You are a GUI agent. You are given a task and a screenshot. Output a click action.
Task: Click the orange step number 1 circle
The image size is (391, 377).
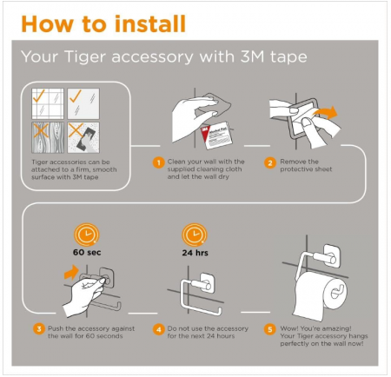(x=158, y=162)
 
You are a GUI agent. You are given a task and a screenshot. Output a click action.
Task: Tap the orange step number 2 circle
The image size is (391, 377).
(x=269, y=162)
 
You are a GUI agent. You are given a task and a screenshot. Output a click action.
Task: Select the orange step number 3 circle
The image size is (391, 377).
(x=39, y=329)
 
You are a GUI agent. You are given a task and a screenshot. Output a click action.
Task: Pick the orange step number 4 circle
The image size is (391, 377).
(x=158, y=329)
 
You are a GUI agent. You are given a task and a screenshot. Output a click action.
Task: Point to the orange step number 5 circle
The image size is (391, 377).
(x=269, y=329)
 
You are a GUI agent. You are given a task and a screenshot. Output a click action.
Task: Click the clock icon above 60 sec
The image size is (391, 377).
(x=87, y=235)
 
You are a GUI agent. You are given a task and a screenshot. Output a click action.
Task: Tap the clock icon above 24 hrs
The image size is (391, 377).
(x=195, y=235)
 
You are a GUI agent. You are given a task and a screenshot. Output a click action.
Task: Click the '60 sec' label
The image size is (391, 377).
(x=87, y=252)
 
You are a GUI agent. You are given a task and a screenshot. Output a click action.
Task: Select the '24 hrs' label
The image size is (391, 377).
(x=195, y=253)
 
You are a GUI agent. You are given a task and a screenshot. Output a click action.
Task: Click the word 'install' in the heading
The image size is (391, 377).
(x=149, y=23)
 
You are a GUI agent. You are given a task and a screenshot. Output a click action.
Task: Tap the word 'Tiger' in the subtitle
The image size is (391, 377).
(x=84, y=56)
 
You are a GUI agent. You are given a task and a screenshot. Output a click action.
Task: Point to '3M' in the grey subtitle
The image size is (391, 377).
(x=252, y=56)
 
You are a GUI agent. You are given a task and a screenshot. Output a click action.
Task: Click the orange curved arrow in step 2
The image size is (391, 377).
(x=326, y=113)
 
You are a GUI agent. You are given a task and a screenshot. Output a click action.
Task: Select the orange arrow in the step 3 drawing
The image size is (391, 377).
(x=71, y=273)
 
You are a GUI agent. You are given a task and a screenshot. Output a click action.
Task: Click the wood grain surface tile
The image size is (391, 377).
(x=48, y=137)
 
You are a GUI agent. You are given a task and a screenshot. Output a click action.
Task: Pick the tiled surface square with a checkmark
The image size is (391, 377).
(x=48, y=103)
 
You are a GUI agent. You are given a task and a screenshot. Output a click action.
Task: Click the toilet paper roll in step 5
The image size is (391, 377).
(x=320, y=295)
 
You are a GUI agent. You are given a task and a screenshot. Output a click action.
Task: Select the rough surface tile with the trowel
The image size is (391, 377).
(x=83, y=137)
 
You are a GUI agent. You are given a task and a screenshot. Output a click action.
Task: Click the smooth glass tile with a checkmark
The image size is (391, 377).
(x=83, y=103)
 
